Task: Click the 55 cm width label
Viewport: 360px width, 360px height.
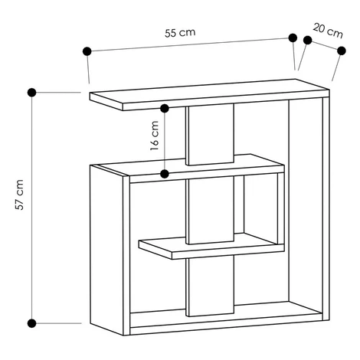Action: coord(180,32)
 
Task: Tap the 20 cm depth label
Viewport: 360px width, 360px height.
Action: coord(328,31)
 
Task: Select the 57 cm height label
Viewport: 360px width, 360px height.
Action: coord(19,195)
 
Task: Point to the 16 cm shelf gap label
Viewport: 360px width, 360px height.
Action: coord(155,136)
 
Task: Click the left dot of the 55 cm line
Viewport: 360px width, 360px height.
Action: coord(87,51)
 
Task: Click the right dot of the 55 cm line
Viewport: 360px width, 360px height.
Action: coord(293,38)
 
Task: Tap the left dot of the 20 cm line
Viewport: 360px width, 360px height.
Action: coord(308,40)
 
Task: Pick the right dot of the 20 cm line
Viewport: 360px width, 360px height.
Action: coord(342,51)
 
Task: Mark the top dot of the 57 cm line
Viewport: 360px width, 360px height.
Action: coord(31,93)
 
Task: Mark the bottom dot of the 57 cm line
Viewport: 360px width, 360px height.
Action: coord(31,323)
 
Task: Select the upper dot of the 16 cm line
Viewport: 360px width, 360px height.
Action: coord(165,109)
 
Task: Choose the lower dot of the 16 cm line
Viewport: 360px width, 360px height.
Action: coord(165,174)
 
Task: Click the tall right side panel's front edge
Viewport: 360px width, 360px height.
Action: coord(326,208)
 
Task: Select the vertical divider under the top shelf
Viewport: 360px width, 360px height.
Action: coord(210,134)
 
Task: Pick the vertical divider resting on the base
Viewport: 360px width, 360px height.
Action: coord(210,286)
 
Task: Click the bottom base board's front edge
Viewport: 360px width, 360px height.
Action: coord(226,324)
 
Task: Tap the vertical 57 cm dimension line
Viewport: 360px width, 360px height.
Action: coord(31,208)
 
